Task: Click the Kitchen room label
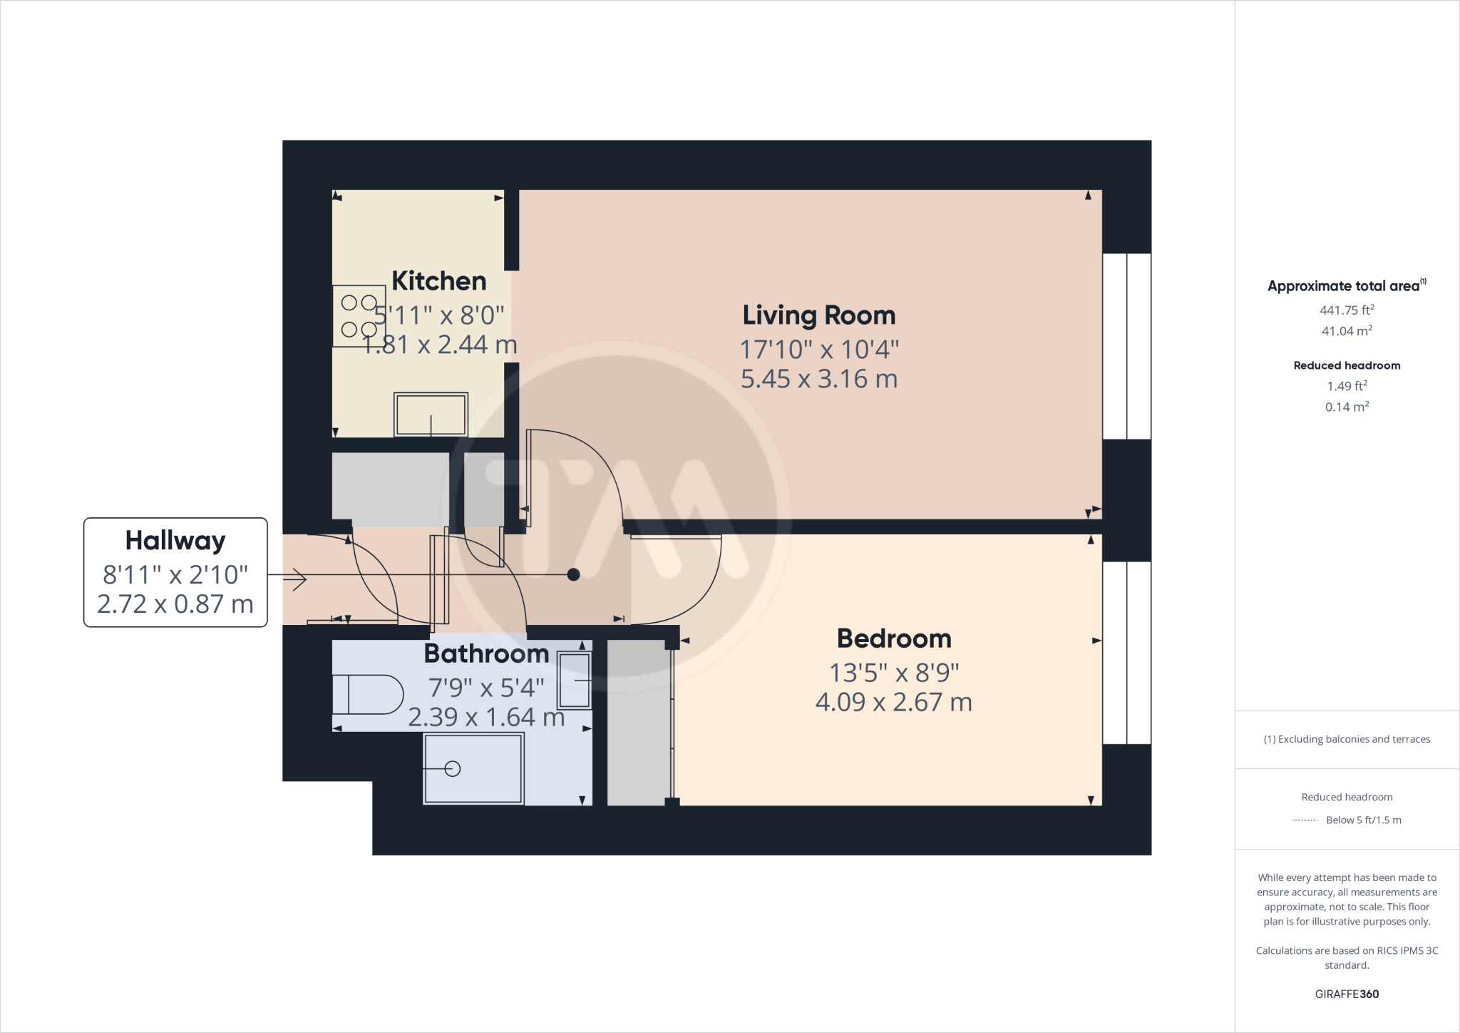(438, 281)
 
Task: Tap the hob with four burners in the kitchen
(359, 316)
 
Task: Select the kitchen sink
(431, 414)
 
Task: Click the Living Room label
(818, 315)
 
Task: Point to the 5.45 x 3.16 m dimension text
(818, 379)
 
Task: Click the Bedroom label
(893, 638)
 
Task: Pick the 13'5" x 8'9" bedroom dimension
(893, 673)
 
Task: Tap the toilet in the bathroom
(367, 694)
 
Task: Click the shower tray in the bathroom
(473, 769)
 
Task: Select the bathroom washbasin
(575, 681)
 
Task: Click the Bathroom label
(486, 653)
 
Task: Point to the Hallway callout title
(175, 541)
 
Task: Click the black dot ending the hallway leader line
(573, 574)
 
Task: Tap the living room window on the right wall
(1126, 346)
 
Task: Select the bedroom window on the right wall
(1126, 653)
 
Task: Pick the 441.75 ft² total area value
(1347, 310)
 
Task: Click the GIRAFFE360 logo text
(1347, 994)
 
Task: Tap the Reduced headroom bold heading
(1347, 365)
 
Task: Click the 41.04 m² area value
(1347, 331)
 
